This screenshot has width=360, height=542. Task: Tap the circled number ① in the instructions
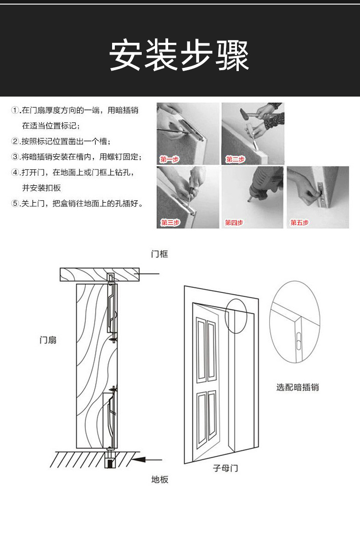point(15,111)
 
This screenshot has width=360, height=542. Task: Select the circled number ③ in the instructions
point(15,157)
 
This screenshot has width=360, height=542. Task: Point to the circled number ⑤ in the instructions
point(15,204)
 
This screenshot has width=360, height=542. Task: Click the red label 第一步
point(170,159)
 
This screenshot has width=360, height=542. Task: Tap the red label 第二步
point(235,159)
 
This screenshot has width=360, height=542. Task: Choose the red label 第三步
point(170,222)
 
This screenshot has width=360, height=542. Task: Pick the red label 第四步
point(234,222)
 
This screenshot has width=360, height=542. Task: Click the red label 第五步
point(299,222)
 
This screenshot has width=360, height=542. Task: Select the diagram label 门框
point(159,254)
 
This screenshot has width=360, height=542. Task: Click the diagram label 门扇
point(48,340)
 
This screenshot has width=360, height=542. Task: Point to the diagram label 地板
point(159,479)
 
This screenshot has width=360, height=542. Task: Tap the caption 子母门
point(226,468)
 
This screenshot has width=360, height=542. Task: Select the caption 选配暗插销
point(297,388)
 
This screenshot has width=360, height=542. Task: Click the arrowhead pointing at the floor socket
point(139,460)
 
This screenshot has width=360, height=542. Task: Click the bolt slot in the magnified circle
point(298,341)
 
